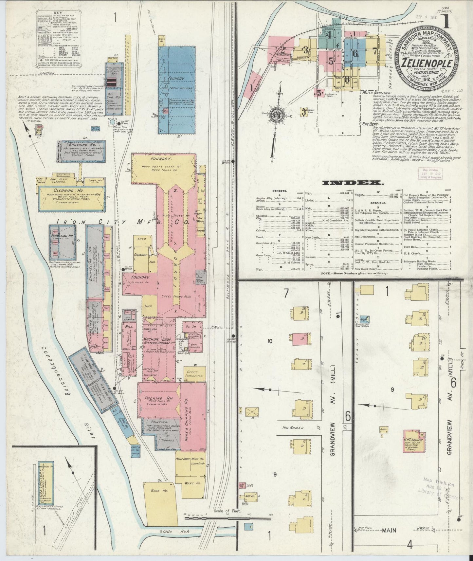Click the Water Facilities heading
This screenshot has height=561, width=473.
pyautogui.click(x=377, y=93)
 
